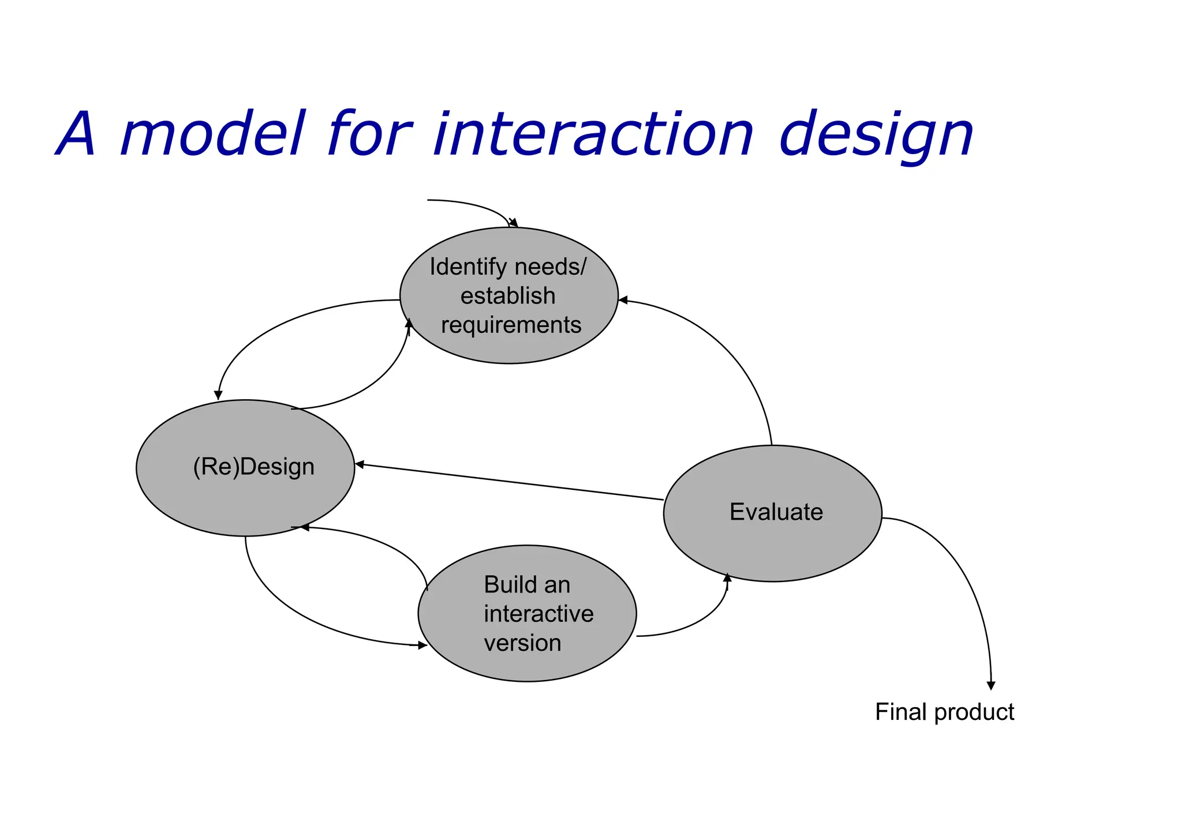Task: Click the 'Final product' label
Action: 944,712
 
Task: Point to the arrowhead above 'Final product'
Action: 991,685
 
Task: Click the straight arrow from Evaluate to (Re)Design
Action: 508,482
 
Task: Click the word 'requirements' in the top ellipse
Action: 511,325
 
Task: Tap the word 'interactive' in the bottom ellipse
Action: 538,614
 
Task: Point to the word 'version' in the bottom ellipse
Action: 522,643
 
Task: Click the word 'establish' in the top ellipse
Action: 508,296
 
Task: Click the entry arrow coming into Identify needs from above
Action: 473,204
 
